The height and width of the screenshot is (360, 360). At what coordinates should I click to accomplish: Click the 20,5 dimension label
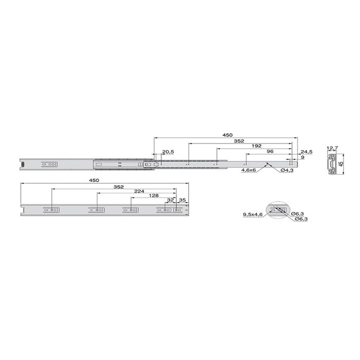[168, 152]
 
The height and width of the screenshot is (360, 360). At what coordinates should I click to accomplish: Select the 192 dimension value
[257, 146]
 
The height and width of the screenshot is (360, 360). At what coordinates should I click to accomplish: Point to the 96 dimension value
[270, 151]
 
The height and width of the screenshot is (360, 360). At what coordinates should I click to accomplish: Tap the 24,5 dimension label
[307, 152]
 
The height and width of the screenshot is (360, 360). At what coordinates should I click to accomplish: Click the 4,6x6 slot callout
[248, 171]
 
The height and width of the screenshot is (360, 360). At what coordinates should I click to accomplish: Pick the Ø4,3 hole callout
[287, 171]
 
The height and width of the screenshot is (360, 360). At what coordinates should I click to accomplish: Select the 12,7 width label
[332, 148]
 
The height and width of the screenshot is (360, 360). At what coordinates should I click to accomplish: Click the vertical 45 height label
[341, 164]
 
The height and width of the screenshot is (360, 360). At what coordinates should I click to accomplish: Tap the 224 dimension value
[139, 191]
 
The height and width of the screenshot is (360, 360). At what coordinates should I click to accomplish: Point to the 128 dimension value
[154, 195]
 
